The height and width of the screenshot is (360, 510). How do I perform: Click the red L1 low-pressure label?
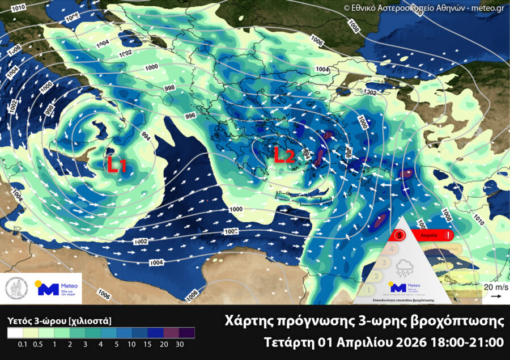[x=117, y=165]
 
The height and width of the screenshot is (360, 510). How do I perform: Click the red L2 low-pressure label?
[x=284, y=156]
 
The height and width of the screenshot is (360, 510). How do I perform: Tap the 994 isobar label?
[x=145, y=136]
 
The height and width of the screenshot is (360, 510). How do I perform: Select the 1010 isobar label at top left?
[x=18, y=7]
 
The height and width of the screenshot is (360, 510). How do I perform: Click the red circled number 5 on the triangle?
[x=399, y=234]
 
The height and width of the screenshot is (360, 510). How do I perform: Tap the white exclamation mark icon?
[x=449, y=234]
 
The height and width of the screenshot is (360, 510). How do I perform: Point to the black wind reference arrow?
[x=495, y=296]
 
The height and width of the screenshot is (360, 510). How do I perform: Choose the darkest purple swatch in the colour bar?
[x=186, y=333]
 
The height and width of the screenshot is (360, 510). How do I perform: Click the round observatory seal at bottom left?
[x=17, y=289]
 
